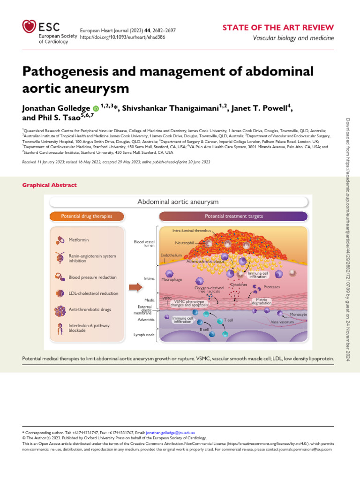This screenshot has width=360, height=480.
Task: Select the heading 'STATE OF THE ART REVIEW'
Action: pos(277,27)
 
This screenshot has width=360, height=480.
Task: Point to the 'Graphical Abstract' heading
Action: pos(49,185)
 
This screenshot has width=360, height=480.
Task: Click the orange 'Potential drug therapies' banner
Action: pos(86,216)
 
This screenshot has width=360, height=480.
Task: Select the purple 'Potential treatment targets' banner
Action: pos(233,216)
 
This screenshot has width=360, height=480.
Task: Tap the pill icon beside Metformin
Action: pos(59,240)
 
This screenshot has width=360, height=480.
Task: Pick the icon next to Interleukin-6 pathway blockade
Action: pos(59,328)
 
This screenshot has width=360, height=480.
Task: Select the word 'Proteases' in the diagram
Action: pos(272,286)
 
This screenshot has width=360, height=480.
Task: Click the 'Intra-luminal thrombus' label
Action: pos(191,231)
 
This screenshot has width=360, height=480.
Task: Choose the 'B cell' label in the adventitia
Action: pos(204,330)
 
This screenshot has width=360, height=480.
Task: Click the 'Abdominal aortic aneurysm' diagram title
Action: pos(178,202)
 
